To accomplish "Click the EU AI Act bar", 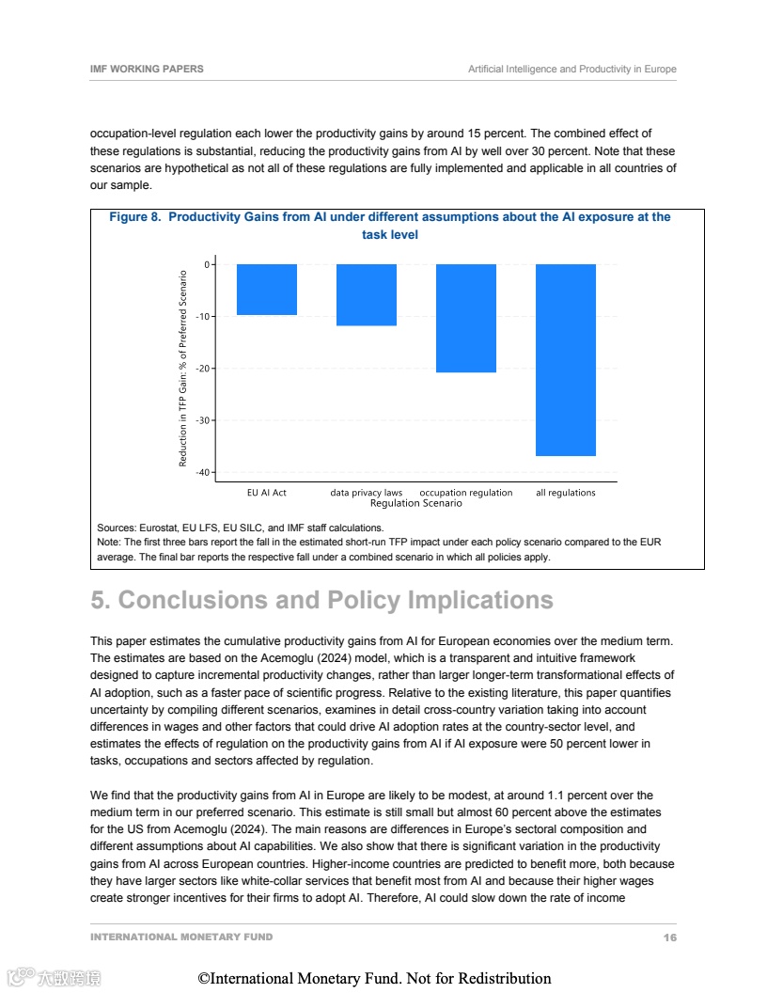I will click(x=267, y=290).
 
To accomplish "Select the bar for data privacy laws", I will click(x=367, y=295).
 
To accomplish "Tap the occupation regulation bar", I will click(x=466, y=318).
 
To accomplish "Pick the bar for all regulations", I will click(x=566, y=360).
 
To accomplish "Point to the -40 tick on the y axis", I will click(x=203, y=472).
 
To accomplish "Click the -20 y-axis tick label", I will click(x=203, y=369).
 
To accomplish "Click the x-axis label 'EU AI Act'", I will click(x=267, y=493).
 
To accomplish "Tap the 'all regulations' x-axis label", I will click(x=566, y=493).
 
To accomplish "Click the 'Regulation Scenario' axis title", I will click(x=416, y=504).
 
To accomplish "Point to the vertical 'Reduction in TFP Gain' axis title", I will click(x=183, y=369).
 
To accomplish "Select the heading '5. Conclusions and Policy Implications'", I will click(x=321, y=600).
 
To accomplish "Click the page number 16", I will click(x=669, y=938).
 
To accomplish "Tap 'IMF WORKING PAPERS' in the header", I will click(x=147, y=70).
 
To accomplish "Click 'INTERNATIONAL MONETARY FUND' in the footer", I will click(x=181, y=938).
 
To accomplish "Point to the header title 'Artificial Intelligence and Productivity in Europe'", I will click(x=571, y=70).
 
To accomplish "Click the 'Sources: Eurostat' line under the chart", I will click(x=240, y=528).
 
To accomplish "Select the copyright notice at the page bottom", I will click(x=374, y=979).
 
